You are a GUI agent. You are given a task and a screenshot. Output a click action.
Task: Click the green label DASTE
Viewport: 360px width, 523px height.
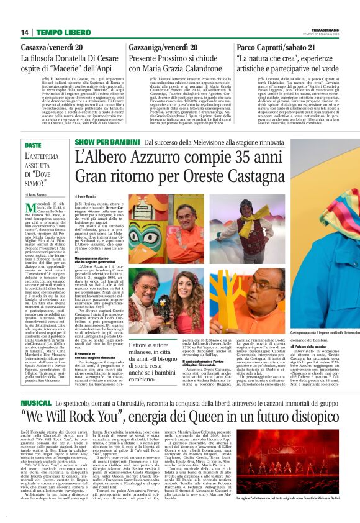click(33, 145)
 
